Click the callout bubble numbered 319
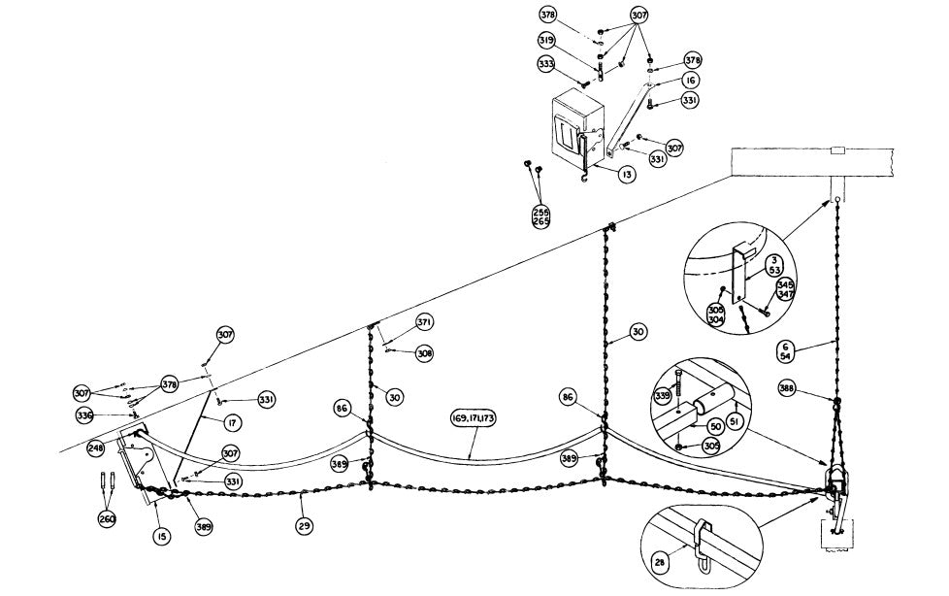click(547, 41)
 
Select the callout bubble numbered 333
click(546, 64)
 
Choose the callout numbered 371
click(423, 321)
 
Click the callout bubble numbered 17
click(232, 423)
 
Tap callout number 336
click(85, 415)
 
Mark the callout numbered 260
click(107, 518)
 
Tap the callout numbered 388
click(788, 387)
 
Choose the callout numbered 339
click(663, 395)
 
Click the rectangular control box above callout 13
click(577, 126)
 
